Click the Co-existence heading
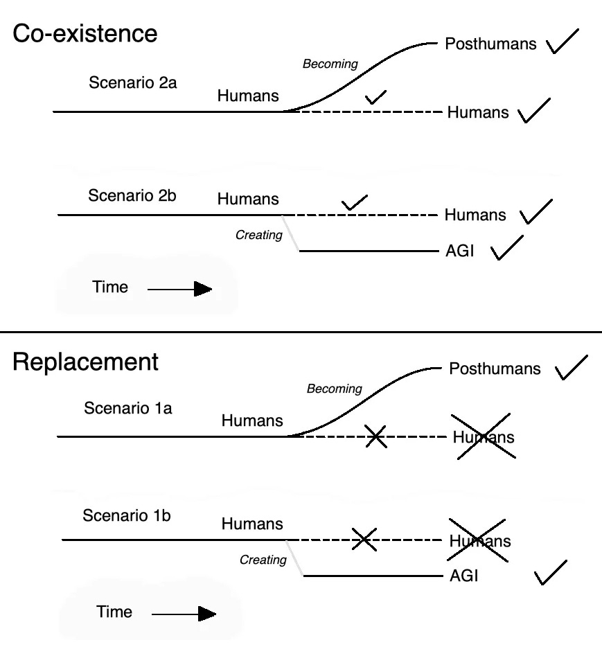(x=85, y=34)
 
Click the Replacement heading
(x=85, y=362)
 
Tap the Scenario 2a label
(x=133, y=83)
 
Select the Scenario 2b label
(x=132, y=195)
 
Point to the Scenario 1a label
(x=127, y=408)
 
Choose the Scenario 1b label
(x=126, y=515)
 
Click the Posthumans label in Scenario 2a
(x=490, y=44)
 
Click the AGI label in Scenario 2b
(x=459, y=251)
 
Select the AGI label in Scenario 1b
(x=463, y=576)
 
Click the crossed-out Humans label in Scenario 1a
(x=484, y=436)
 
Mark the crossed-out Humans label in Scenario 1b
(x=480, y=540)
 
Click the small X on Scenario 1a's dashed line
(x=375, y=436)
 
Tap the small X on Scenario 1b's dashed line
(x=364, y=539)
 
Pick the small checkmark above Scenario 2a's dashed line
(x=375, y=97)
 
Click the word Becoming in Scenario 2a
(x=330, y=64)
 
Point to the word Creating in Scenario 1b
(x=263, y=560)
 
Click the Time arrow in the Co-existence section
(x=179, y=289)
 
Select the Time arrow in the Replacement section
(x=184, y=613)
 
